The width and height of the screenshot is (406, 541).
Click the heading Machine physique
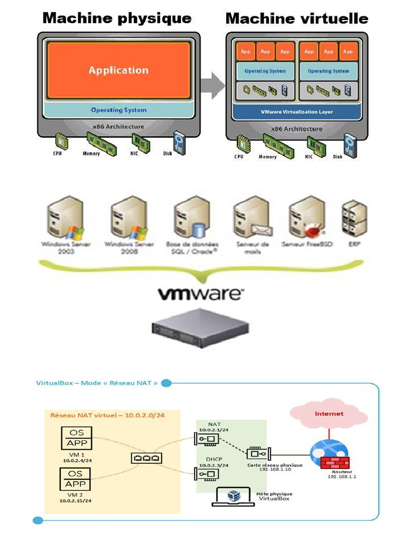(x=117, y=18)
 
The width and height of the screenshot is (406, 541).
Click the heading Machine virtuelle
(x=297, y=18)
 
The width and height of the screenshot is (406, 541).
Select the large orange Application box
(x=118, y=70)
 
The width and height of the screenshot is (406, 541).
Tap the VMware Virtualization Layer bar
(x=297, y=112)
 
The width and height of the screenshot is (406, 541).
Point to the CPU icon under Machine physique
(x=62, y=143)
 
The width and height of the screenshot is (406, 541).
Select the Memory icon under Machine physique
(x=100, y=143)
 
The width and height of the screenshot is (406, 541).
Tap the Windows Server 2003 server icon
(x=65, y=218)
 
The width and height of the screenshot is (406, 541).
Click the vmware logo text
(x=201, y=294)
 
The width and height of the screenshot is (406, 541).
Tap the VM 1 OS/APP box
(x=76, y=438)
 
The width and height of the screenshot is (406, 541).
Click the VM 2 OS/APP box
(x=76, y=479)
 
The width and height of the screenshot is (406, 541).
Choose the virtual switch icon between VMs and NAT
(x=146, y=458)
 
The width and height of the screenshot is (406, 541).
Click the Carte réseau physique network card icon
(x=259, y=453)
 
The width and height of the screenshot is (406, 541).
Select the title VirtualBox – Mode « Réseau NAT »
(x=97, y=383)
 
